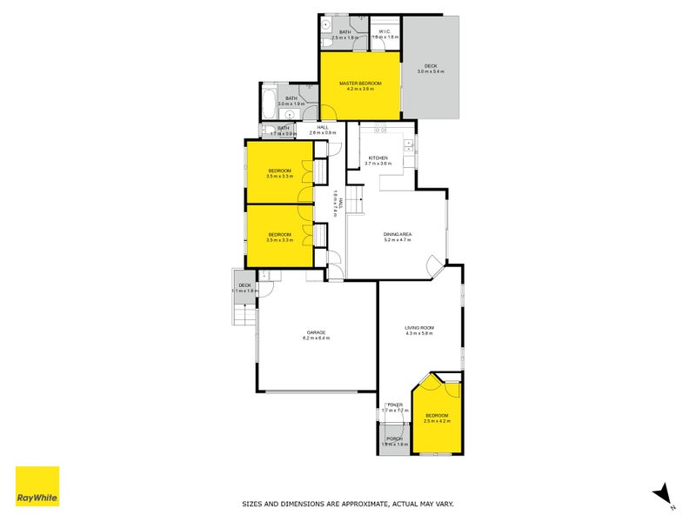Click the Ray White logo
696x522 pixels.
(37, 486)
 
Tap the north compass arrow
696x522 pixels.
(661, 493)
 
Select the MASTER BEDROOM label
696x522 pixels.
(361, 83)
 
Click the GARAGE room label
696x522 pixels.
(316, 331)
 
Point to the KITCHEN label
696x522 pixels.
(379, 157)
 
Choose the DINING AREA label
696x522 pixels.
(398, 234)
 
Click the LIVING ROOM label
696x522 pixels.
(418, 328)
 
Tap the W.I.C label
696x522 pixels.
(386, 32)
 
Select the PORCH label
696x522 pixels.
(395, 438)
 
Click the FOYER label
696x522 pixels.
(395, 405)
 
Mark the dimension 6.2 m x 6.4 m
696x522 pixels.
(316, 338)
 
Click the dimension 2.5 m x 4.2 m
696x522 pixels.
(437, 421)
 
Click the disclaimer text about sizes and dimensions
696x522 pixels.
(347, 504)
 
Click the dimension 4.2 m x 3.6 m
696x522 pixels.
(361, 89)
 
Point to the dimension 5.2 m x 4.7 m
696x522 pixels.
(398, 240)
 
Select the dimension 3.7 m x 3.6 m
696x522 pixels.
(379, 164)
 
